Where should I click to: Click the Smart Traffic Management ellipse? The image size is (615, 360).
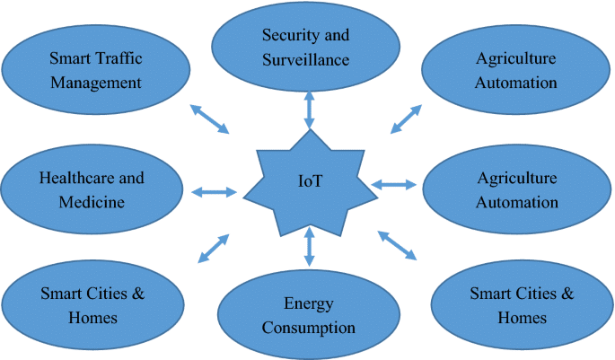[x=96, y=70]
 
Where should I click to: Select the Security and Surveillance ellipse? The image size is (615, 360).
[x=305, y=47]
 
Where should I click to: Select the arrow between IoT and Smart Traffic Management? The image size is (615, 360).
[x=210, y=119]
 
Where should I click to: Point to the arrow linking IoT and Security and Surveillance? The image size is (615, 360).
[x=310, y=108]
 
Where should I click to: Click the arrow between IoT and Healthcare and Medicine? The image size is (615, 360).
[x=214, y=190]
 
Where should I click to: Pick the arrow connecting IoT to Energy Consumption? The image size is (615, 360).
[x=310, y=247]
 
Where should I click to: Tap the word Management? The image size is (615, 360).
[x=96, y=83]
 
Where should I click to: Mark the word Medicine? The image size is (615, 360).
[x=91, y=202]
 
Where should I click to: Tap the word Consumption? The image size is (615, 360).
[x=308, y=327]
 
